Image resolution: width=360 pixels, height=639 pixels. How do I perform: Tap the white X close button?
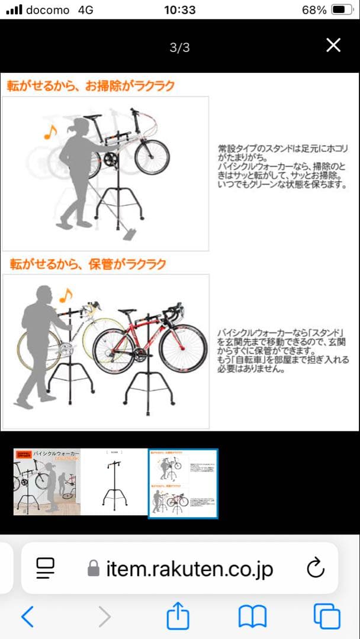[333, 46]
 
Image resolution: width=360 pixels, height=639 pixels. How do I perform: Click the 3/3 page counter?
[179, 48]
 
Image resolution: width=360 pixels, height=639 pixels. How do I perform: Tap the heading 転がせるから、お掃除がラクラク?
[91, 86]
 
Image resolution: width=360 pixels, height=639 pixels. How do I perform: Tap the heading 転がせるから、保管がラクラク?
[88, 264]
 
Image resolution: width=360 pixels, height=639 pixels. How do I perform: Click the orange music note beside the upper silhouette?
[50, 132]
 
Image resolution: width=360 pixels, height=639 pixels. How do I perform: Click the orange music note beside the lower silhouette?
[65, 294]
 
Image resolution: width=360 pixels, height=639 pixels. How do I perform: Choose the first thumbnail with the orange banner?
[47, 482]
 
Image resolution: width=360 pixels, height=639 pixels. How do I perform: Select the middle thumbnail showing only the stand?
[114, 482]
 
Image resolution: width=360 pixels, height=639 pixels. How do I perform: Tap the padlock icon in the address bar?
[93, 569]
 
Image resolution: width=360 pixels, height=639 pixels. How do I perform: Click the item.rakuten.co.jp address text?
[189, 569]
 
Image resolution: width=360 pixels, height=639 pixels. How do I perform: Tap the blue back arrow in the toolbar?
[27, 617]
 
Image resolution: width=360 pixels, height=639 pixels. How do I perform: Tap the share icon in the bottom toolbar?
[178, 617]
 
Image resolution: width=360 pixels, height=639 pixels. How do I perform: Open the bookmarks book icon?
[253, 617]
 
